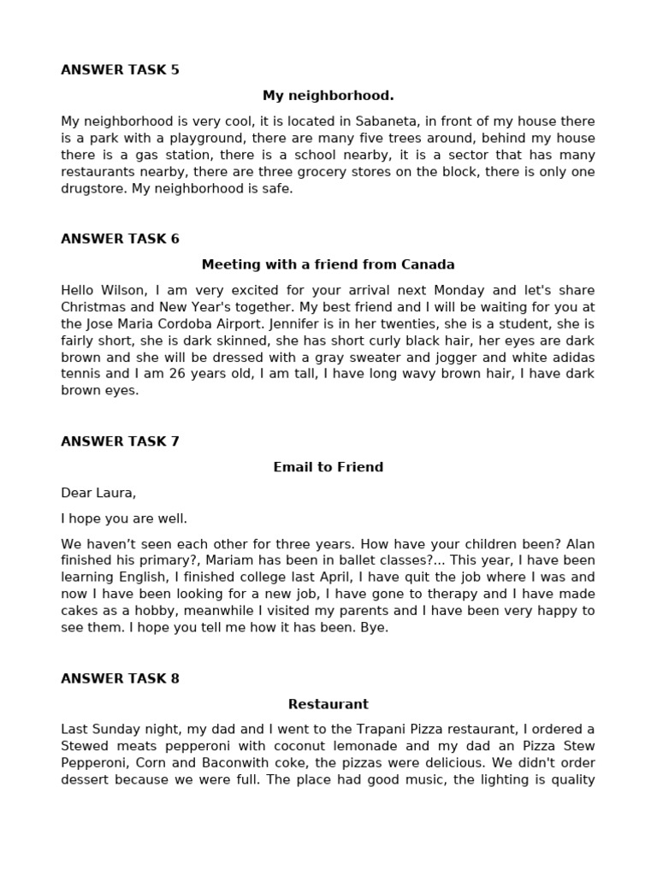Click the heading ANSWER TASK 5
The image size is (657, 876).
click(120, 70)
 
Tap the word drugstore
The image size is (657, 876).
click(92, 189)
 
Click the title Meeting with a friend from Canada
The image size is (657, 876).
click(328, 264)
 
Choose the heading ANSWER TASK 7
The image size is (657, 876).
click(120, 441)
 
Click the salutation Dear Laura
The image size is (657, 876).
click(98, 493)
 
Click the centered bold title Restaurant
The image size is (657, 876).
click(328, 704)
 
